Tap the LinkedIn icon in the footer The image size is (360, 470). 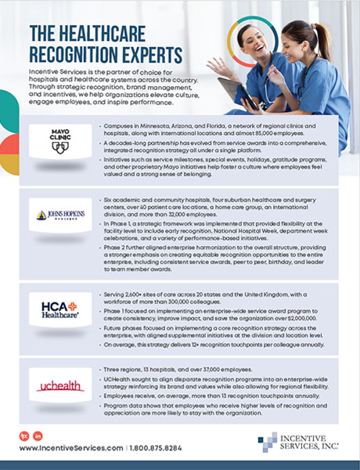(x=38, y=435)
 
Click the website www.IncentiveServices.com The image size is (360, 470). (x=67, y=448)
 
